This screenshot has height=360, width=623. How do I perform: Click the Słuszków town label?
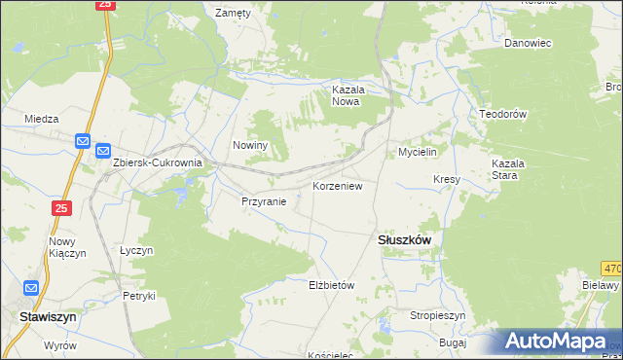pyautogui.click(x=404, y=239)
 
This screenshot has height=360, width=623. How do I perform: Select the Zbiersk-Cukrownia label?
pyautogui.click(x=157, y=163)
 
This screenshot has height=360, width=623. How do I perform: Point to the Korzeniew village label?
pyautogui.click(x=338, y=185)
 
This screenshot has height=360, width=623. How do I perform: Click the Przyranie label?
pyautogui.click(x=264, y=202)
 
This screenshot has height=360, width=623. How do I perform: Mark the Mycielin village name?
pyautogui.click(x=421, y=153)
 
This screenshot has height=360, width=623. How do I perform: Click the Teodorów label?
pyautogui.click(x=502, y=114)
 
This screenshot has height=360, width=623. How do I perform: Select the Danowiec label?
pyautogui.click(x=528, y=43)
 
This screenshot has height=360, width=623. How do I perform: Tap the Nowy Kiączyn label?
pyautogui.click(x=62, y=248)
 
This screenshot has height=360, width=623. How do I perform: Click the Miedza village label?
pyautogui.click(x=43, y=119)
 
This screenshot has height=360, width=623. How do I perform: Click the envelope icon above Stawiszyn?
pyautogui.click(x=31, y=288)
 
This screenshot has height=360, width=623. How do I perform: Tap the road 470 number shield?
pyautogui.click(x=611, y=267)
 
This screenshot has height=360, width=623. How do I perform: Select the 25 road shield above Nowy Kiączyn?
pyautogui.click(x=61, y=208)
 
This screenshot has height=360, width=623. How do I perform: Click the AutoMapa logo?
pyautogui.click(x=558, y=342)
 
